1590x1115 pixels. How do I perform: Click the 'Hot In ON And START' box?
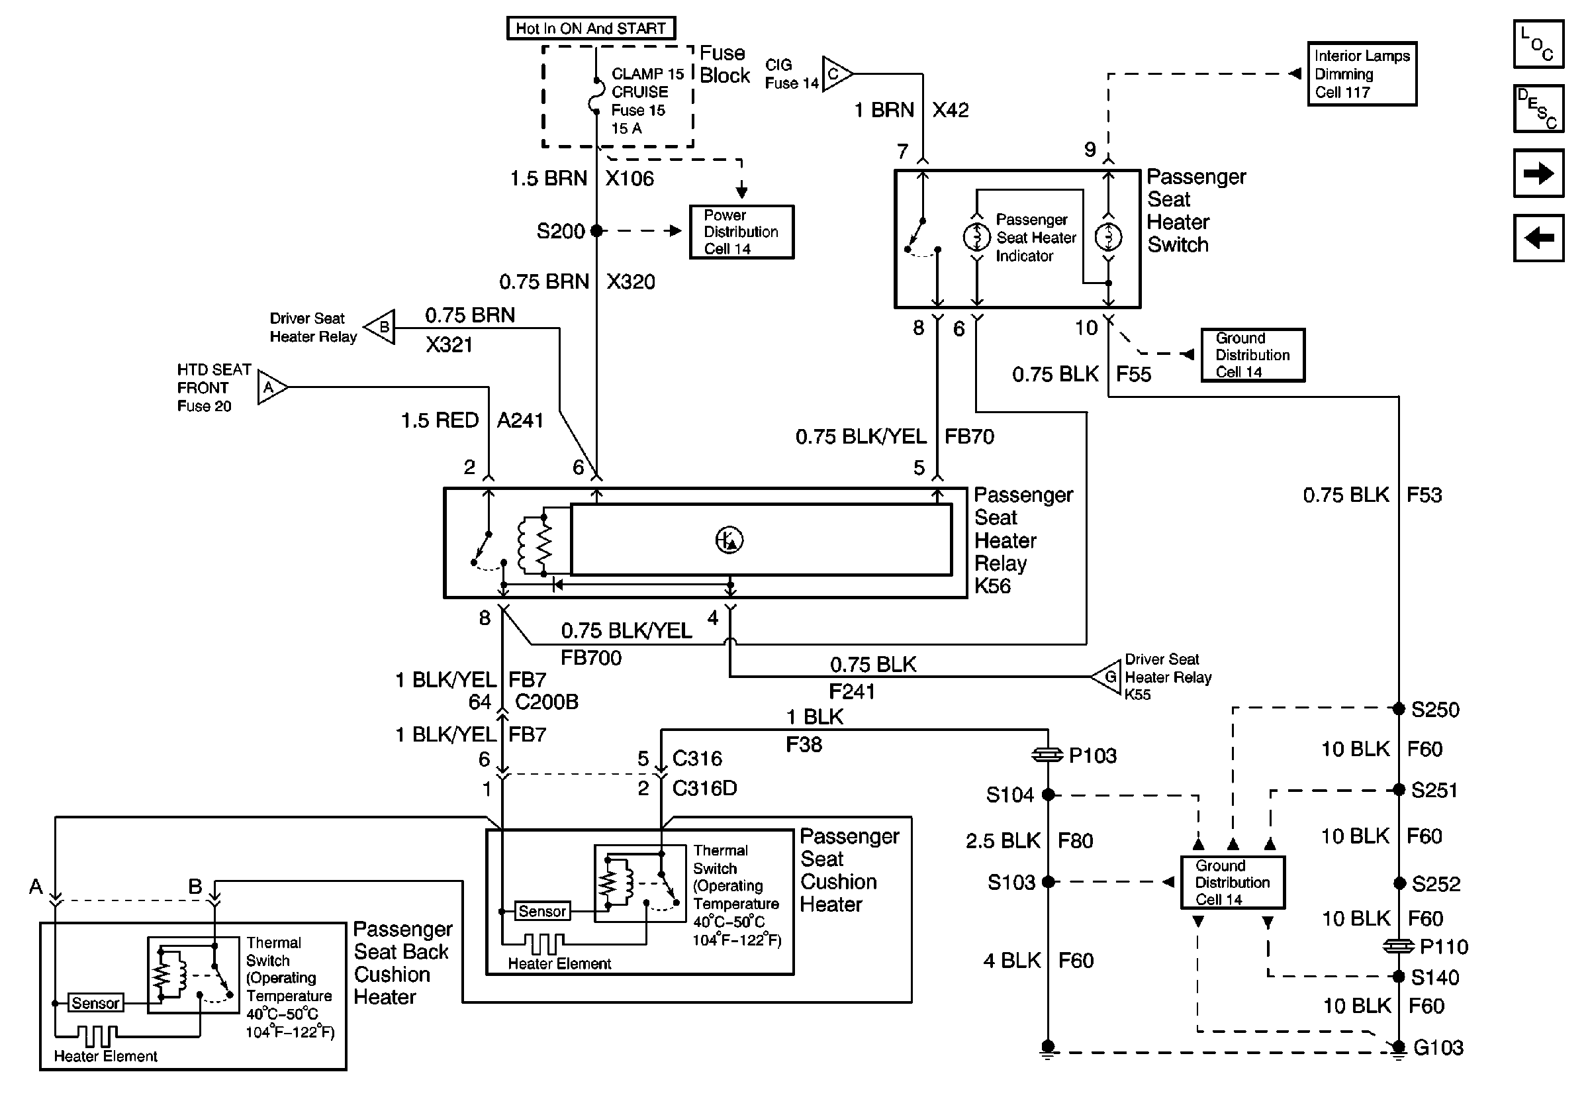click(590, 28)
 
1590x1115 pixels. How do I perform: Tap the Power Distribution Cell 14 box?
click(741, 232)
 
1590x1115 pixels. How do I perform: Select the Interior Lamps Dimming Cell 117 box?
click(1362, 74)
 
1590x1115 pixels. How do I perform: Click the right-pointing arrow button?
click(1538, 173)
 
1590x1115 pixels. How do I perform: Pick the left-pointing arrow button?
click(1538, 238)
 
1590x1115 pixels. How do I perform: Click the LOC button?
click(1538, 44)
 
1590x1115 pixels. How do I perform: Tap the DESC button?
click(1538, 109)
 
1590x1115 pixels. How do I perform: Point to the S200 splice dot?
click(596, 230)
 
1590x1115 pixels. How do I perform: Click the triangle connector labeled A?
click(271, 387)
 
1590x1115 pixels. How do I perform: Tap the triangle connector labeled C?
click(835, 73)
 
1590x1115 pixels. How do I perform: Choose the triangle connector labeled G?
click(1107, 676)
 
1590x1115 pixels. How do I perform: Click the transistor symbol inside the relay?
click(729, 540)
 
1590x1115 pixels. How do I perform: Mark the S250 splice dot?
click(1398, 708)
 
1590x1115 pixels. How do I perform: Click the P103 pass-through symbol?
click(1047, 755)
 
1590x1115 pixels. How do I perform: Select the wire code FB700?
click(590, 657)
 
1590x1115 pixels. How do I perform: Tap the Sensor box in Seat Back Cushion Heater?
click(95, 1003)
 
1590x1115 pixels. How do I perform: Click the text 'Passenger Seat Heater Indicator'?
click(1035, 238)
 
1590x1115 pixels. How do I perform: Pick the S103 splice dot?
click(1048, 882)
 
